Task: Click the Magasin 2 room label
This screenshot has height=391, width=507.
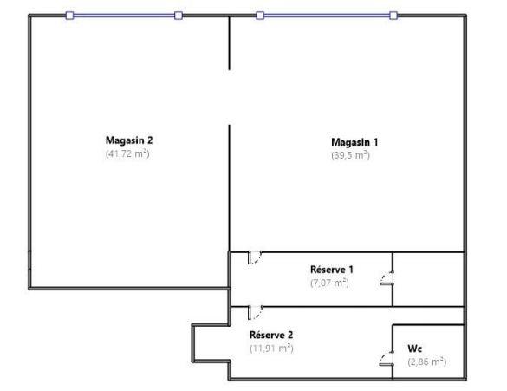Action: [129, 140]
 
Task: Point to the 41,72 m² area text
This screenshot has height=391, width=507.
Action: [128, 153]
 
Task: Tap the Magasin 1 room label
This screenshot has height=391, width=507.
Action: [354, 141]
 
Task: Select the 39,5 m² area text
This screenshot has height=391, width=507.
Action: [350, 155]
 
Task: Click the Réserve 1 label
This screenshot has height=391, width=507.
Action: [331, 270]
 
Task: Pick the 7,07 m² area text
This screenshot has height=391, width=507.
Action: [329, 283]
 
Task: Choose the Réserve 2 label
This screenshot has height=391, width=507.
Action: [271, 335]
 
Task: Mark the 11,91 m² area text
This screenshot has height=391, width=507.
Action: [271, 349]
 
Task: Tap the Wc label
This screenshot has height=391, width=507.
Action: [415, 348]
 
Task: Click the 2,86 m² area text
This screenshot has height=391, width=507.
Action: [426, 361]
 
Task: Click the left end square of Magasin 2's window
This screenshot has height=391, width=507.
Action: [70, 15]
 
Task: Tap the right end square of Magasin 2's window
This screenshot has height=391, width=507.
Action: [178, 15]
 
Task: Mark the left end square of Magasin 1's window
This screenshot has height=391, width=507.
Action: [259, 15]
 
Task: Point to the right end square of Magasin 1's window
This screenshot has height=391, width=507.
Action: [393, 15]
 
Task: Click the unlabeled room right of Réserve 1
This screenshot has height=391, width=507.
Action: [429, 278]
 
